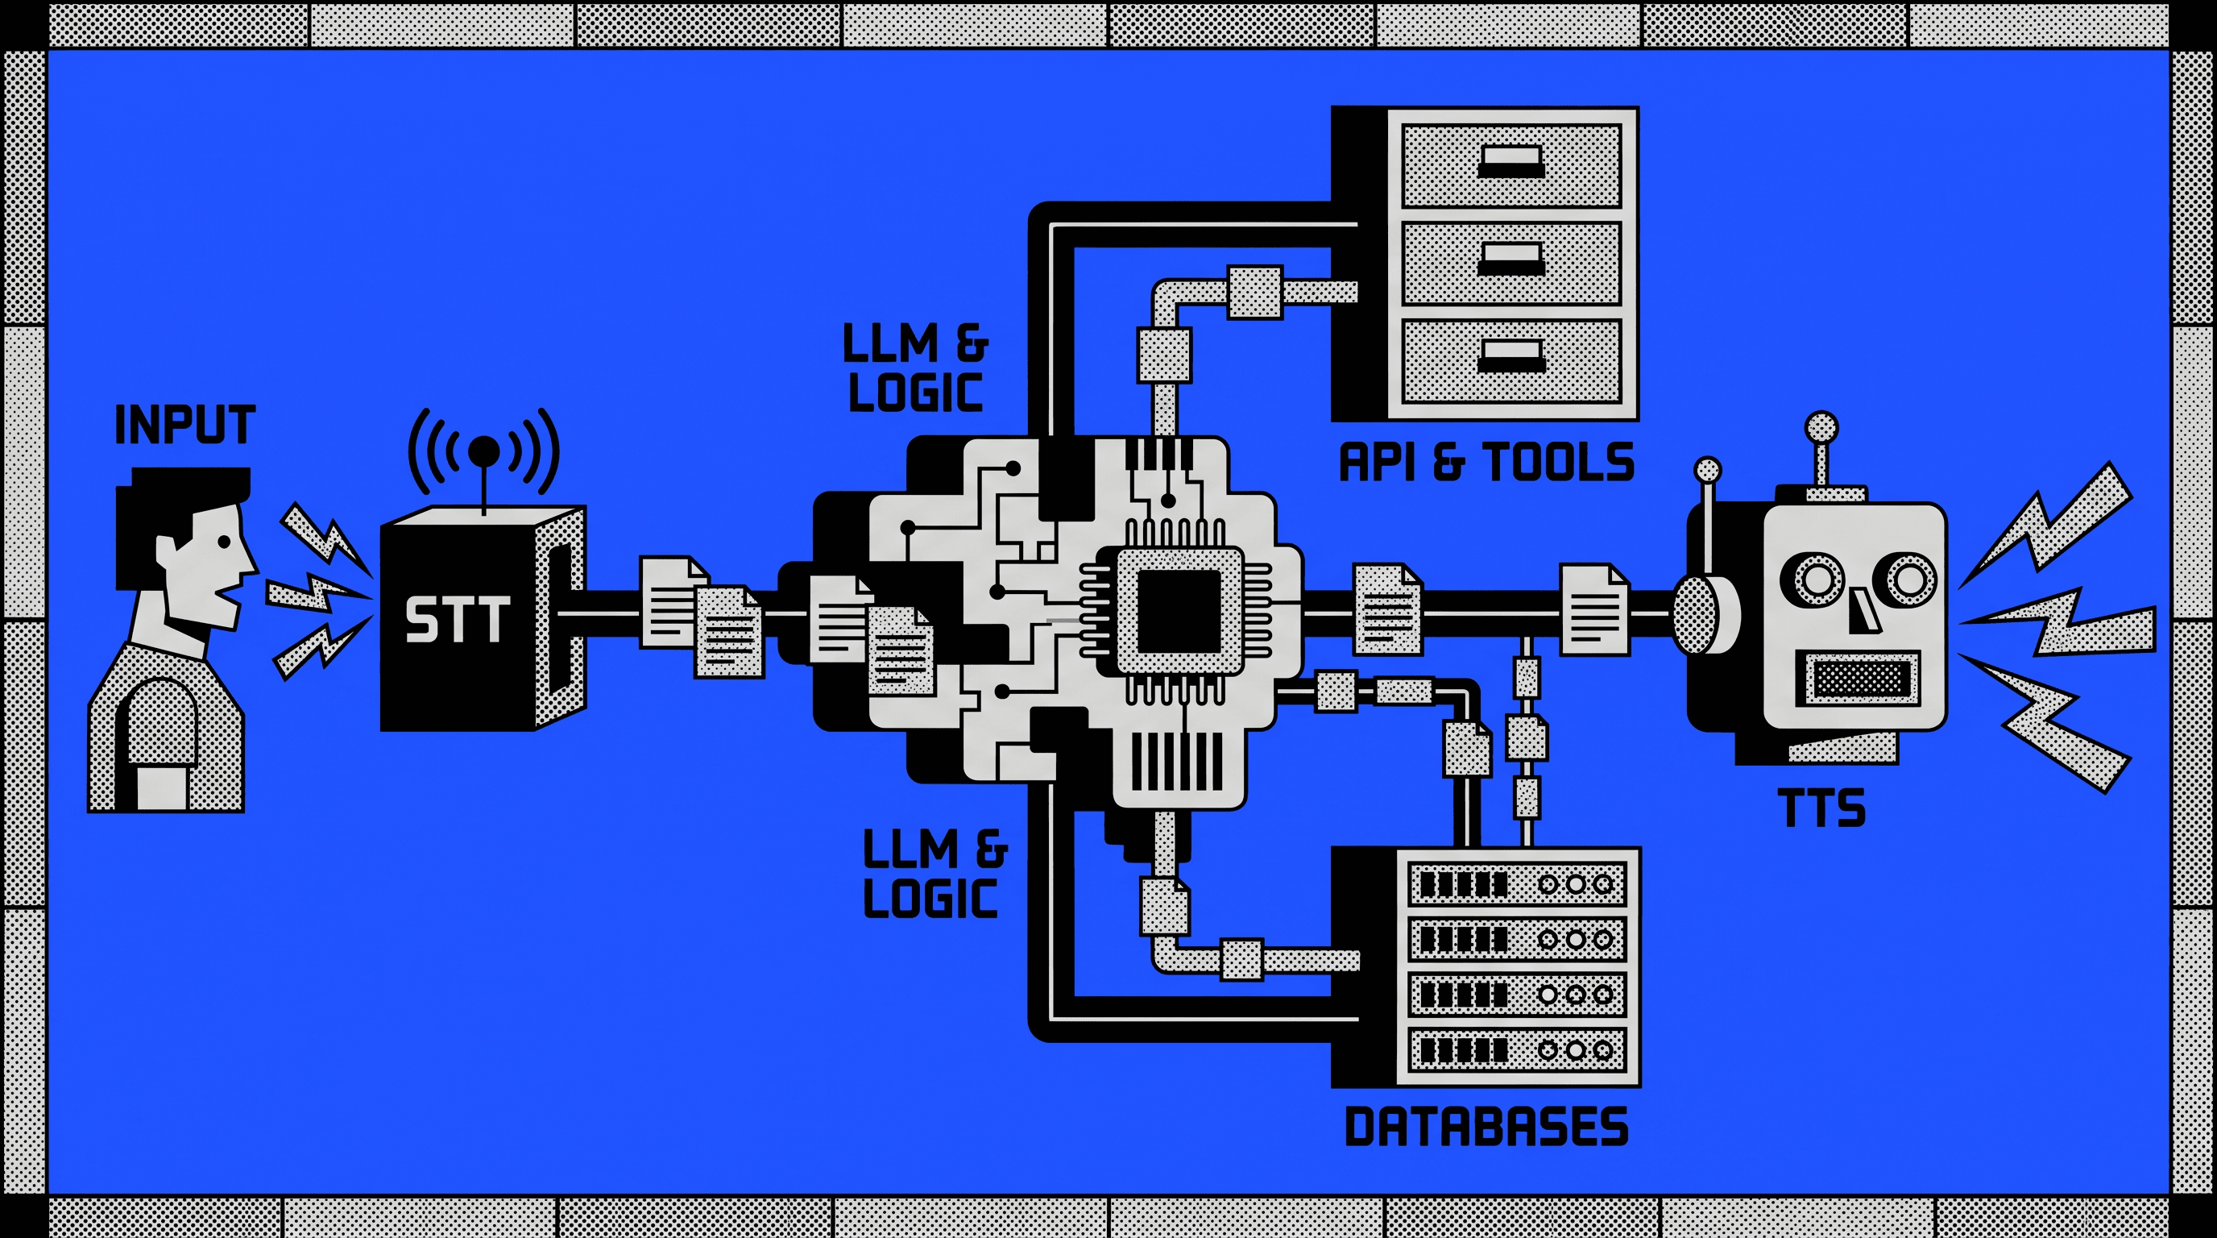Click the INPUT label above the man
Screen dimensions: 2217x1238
tap(185, 426)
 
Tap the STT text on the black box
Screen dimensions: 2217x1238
tap(457, 620)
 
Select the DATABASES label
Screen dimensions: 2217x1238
tap(1486, 1126)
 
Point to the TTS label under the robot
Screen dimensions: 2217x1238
tap(1821, 808)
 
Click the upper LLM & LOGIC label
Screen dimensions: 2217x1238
tap(916, 368)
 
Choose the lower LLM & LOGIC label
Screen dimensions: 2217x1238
tap(934, 873)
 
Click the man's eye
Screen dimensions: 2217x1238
tap(224, 543)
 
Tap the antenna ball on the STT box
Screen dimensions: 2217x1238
tap(483, 451)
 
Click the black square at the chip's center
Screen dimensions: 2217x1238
tap(1179, 611)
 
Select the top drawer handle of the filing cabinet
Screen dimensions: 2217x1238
tap(1510, 161)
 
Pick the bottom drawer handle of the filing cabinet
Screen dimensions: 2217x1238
tap(1510, 355)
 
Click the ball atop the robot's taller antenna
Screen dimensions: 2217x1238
tap(1821, 428)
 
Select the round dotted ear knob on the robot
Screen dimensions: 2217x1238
tap(1697, 614)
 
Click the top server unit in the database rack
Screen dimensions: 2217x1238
tap(1517, 884)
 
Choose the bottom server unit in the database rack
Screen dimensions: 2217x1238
tap(1517, 1050)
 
